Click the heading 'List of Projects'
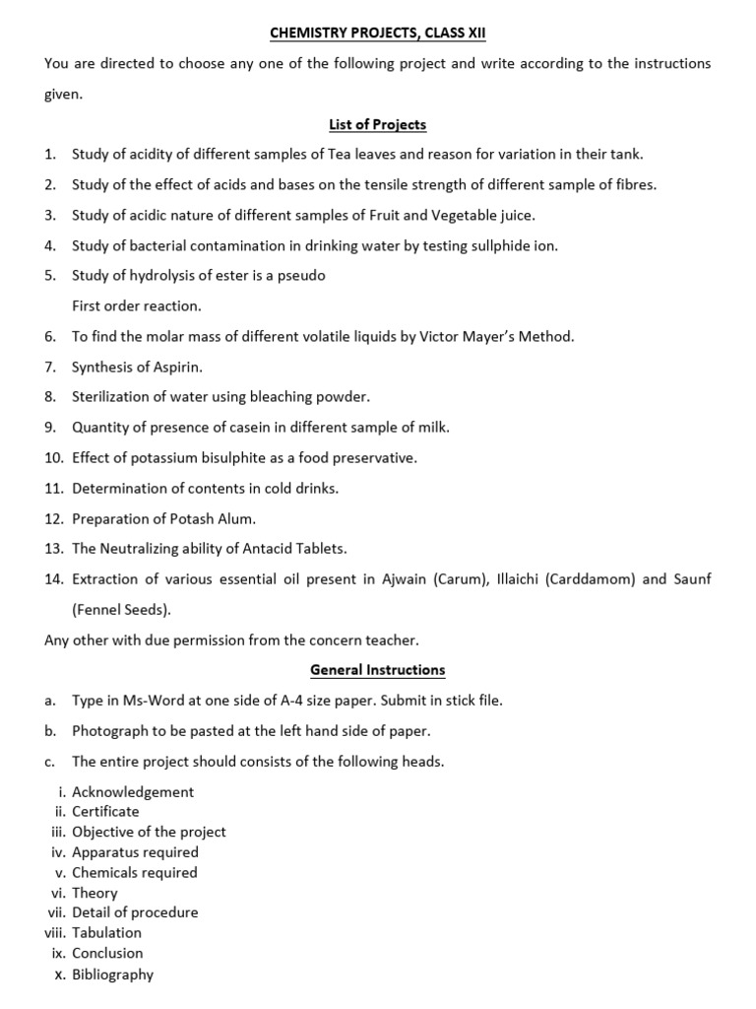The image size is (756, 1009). coord(377,124)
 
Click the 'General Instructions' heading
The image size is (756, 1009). coord(377,670)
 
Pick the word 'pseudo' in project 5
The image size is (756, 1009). coord(302,276)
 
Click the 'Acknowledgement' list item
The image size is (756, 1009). coord(133,791)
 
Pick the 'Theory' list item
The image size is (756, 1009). coord(94,893)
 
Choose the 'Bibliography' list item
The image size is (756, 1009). coord(112,975)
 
